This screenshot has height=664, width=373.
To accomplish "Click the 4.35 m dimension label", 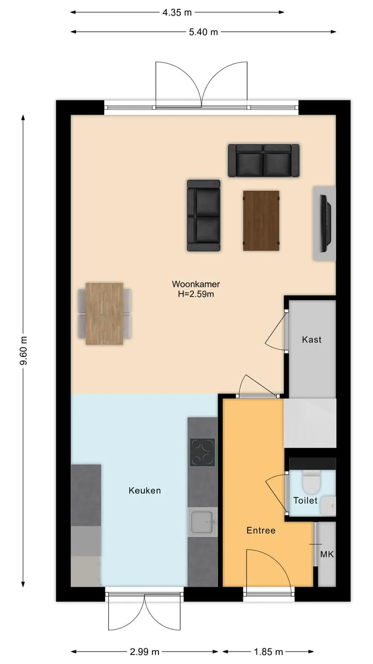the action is [177, 12].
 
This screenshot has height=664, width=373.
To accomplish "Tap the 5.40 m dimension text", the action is [204, 32].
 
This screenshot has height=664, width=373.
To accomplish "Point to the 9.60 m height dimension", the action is [24, 351].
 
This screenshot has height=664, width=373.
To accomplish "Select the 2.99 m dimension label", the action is [145, 652].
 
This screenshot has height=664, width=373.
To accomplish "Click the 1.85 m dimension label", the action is [268, 652].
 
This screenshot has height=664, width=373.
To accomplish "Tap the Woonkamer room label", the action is [196, 284].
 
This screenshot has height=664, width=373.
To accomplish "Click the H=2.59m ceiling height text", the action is [196, 294].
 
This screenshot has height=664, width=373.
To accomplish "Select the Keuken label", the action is [145, 490].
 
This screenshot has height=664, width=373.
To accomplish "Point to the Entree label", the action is [261, 530].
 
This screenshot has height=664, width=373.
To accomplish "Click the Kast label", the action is [312, 339].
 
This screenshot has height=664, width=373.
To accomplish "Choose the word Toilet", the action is [305, 501].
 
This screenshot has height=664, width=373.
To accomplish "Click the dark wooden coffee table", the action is [261, 220].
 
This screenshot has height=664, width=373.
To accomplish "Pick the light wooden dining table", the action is [104, 314].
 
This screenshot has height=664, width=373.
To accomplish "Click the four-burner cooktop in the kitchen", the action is [203, 452].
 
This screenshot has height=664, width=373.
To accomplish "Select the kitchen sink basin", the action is [203, 522].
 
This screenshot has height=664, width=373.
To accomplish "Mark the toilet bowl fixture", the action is [311, 482].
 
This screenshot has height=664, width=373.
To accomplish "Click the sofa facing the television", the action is [204, 215].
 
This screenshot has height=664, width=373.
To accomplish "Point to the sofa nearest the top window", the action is [264, 160].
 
